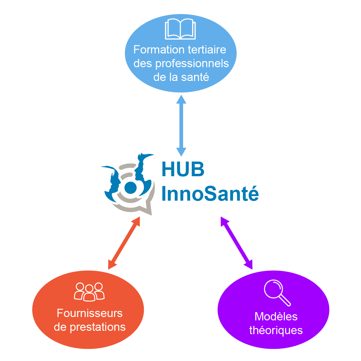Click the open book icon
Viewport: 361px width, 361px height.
[180, 29]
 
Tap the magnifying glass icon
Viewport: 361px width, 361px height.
[276, 292]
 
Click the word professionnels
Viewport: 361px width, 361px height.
[192, 63]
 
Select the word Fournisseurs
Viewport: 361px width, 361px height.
[89, 313]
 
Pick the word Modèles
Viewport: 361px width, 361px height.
[276, 316]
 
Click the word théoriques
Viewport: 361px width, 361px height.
[276, 330]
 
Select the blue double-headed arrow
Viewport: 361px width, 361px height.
[181, 125]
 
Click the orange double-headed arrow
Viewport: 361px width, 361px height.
[124, 243]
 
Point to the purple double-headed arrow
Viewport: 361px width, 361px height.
[237, 243]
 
